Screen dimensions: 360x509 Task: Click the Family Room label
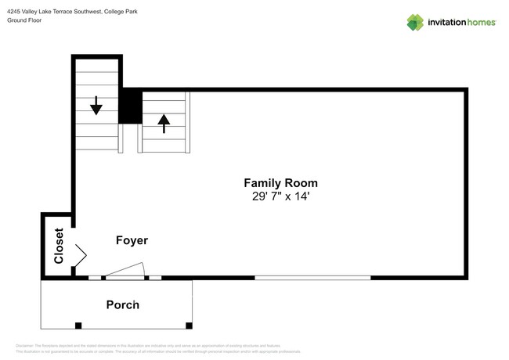click(x=280, y=183)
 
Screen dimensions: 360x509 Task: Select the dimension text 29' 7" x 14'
click(x=280, y=197)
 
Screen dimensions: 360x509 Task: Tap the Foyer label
click(x=132, y=240)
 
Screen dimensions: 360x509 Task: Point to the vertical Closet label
click(x=59, y=246)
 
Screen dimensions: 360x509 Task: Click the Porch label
click(x=123, y=304)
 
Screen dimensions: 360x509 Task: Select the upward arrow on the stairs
click(x=164, y=124)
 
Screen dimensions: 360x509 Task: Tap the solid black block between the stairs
click(x=130, y=106)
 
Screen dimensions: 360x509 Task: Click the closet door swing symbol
click(x=80, y=254)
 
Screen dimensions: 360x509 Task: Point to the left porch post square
click(x=78, y=325)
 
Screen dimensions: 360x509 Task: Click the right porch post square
click(x=189, y=325)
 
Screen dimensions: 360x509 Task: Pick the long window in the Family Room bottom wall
click(x=312, y=277)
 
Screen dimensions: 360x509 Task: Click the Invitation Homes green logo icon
click(x=415, y=23)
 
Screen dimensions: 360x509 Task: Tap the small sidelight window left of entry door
click(x=94, y=277)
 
